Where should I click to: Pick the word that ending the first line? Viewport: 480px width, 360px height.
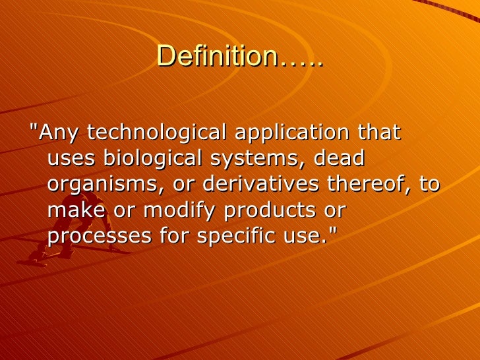coord(378,133)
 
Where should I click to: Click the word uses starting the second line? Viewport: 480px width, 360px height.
coord(71,160)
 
